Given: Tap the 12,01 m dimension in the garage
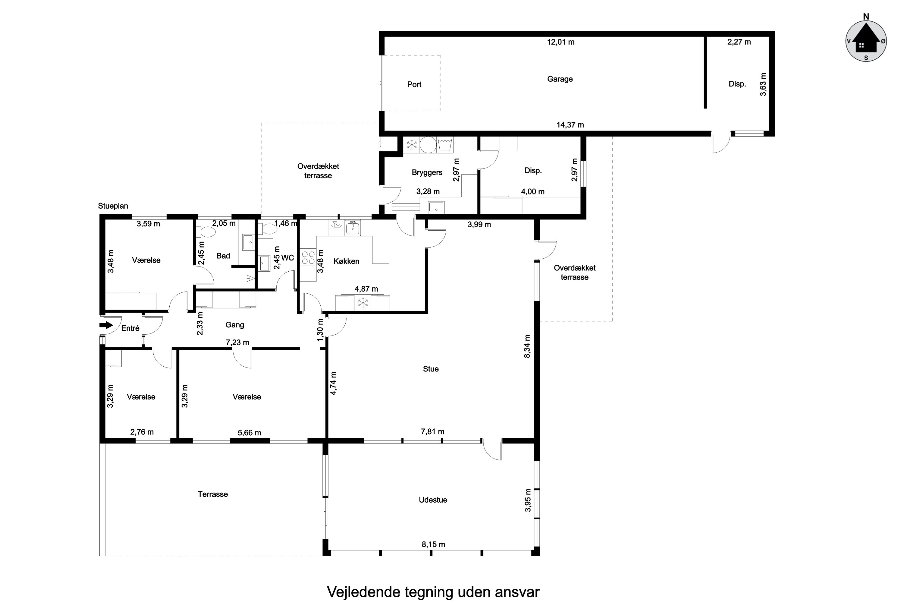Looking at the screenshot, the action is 561,42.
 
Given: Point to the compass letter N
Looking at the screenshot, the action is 866,17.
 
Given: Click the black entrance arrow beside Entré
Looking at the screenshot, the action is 106,325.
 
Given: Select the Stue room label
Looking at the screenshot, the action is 431,369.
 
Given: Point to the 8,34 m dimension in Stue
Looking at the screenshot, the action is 527,346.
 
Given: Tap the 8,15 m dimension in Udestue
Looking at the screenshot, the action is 433,545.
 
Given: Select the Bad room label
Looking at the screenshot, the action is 223,256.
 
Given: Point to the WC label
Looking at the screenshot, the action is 287,258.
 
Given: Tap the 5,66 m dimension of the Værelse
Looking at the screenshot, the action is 249,433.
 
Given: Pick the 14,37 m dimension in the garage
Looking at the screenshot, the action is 570,125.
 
